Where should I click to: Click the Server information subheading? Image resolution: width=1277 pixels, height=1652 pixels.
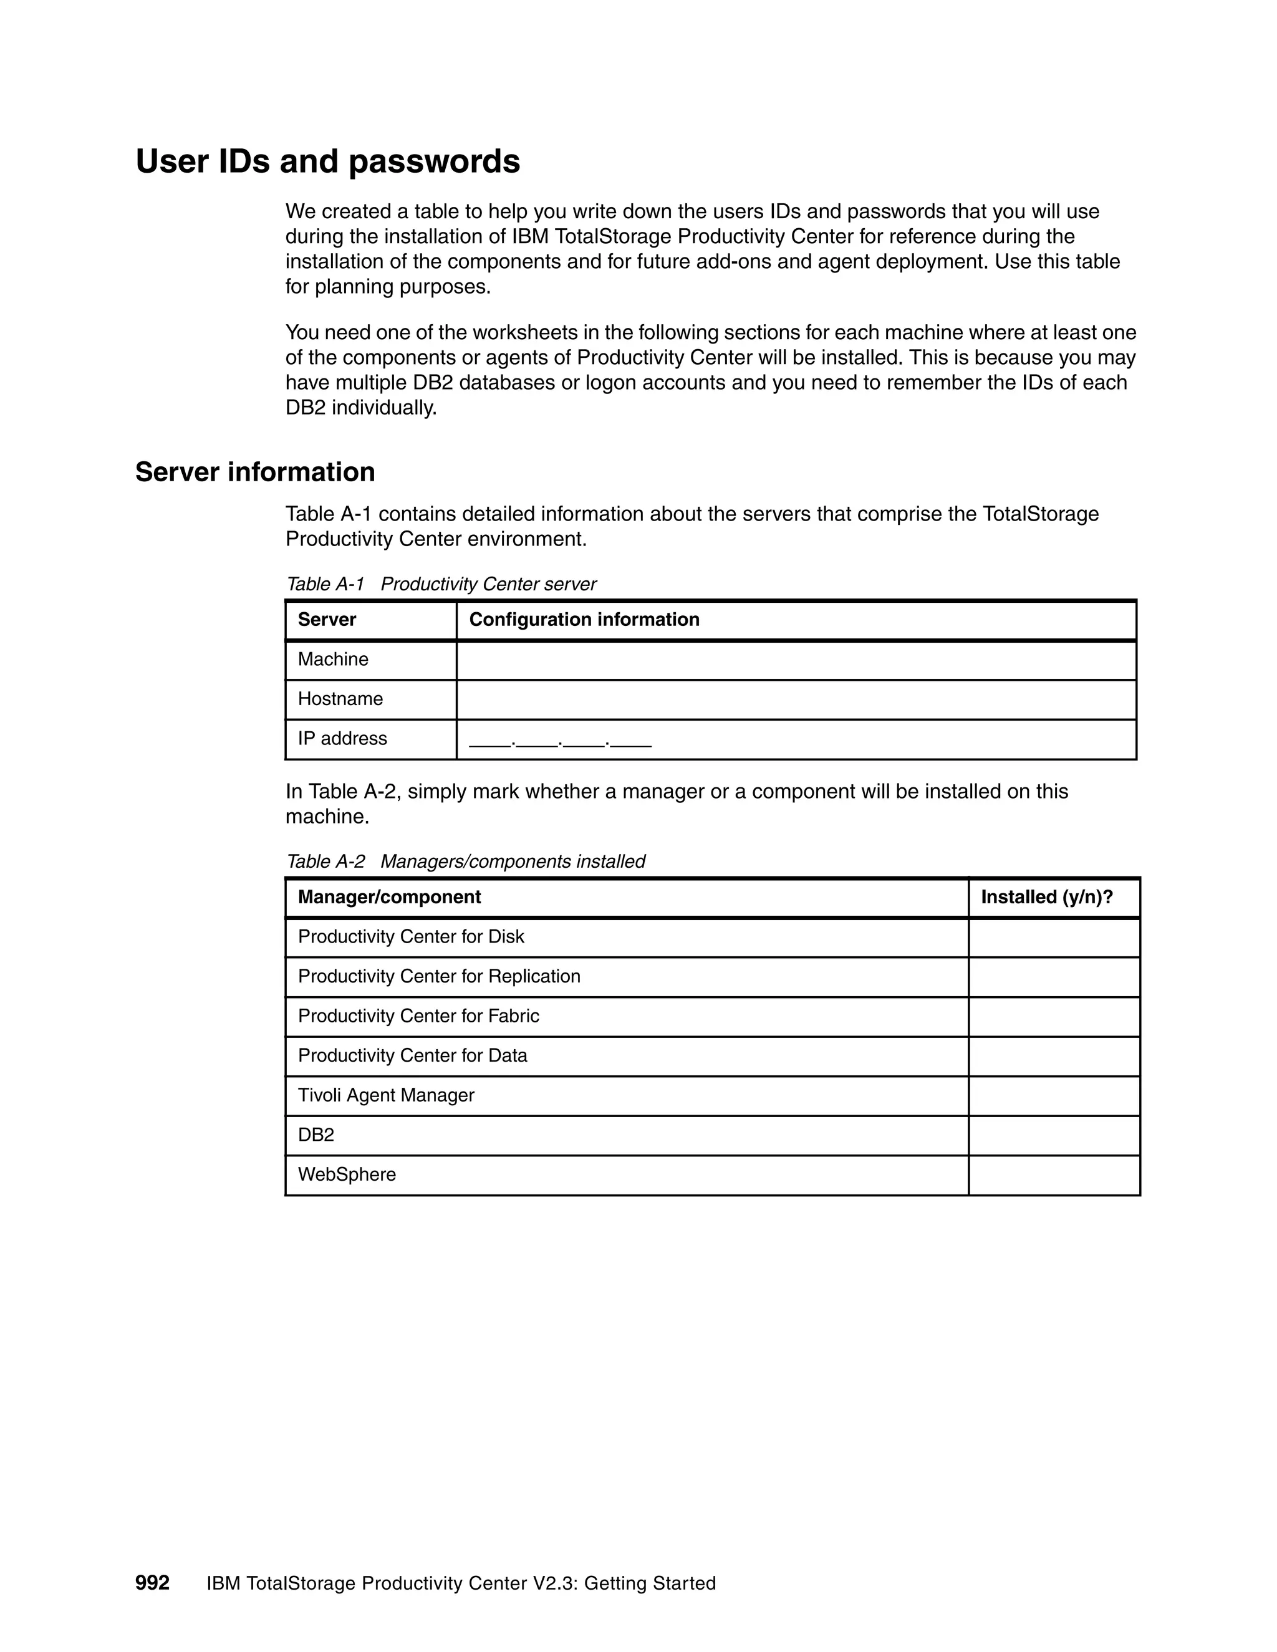coord(255,472)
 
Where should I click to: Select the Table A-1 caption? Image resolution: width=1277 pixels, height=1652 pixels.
coord(441,584)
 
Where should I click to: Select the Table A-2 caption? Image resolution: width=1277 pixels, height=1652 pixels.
coord(465,862)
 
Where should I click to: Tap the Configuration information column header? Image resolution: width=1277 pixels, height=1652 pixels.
coord(584,620)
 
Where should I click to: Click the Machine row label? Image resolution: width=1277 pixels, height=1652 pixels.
coord(333,660)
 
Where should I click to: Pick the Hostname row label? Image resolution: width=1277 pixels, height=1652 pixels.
coord(340,699)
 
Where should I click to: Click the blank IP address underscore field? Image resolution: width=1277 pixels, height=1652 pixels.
coord(560,741)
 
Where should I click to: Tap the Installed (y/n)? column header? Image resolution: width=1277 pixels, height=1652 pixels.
coord(1047,897)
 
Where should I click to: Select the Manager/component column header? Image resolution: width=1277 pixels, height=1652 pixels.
coord(389,897)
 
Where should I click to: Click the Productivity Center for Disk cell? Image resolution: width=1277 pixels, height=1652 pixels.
coord(411,937)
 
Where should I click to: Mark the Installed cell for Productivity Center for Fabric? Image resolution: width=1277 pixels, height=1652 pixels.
coord(1054,1017)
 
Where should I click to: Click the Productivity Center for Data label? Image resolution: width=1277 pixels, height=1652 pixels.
coord(412,1056)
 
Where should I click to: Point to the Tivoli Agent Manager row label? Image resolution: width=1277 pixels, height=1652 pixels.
coord(386,1095)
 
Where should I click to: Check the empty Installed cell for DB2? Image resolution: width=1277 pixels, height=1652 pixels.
coord(1054,1135)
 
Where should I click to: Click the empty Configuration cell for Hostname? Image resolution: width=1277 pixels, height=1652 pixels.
coord(796,699)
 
